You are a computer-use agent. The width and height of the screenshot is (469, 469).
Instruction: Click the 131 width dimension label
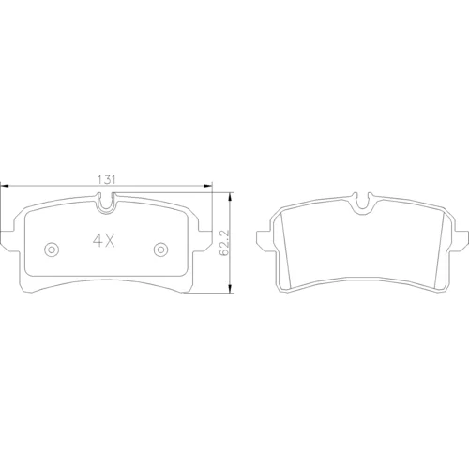coord(107,180)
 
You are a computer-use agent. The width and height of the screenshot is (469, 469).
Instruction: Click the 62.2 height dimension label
coord(225,243)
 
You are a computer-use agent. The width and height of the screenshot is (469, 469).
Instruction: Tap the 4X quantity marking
coord(104,241)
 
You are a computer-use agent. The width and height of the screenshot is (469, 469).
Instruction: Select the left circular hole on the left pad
coord(52,250)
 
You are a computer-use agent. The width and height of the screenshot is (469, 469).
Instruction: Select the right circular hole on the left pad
coord(160,250)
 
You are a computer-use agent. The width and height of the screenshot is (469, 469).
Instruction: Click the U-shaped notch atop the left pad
coord(106,208)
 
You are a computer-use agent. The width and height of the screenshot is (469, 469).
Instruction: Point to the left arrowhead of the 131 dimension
coord(4,187)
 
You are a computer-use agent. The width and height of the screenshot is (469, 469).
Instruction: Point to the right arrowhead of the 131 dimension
coord(208,187)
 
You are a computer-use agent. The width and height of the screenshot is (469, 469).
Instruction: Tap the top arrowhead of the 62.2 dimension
coord(231,197)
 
